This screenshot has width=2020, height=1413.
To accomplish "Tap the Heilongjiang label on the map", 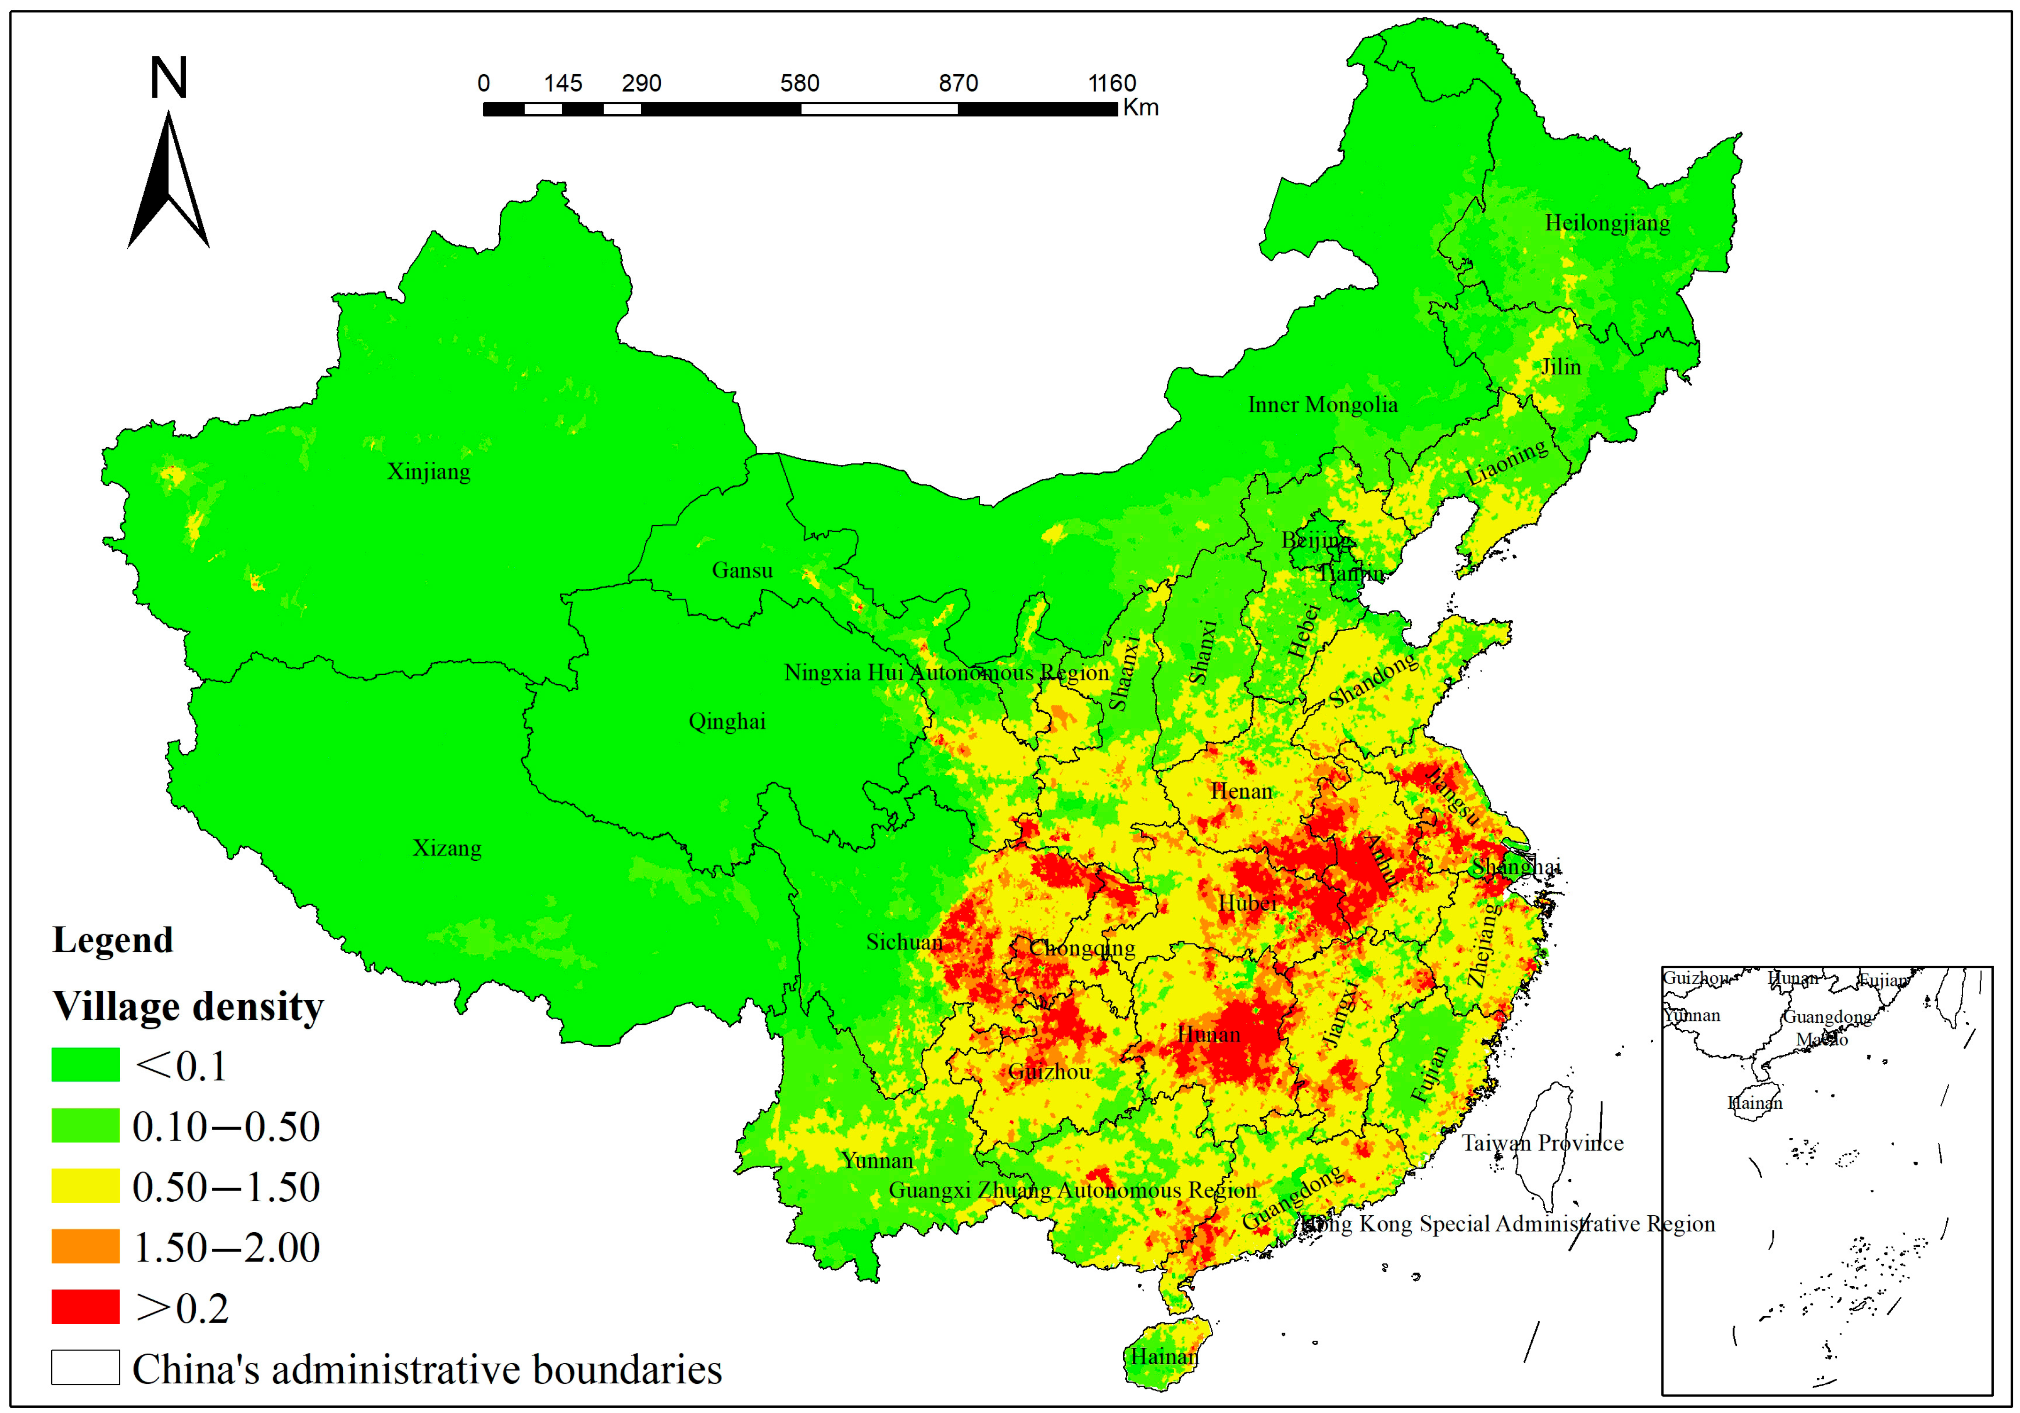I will tap(1607, 223).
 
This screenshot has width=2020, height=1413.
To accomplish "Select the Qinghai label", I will tap(727, 721).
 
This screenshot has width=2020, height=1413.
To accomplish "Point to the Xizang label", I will tap(447, 848).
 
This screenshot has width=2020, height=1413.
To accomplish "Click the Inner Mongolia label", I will tap(1323, 405).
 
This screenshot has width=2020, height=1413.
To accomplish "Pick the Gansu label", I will tap(742, 570).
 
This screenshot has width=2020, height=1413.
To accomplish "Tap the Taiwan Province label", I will tap(1542, 1143).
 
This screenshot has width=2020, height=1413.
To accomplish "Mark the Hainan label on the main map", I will tap(1164, 1357).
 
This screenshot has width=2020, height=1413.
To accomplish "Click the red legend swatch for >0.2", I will tap(85, 1306).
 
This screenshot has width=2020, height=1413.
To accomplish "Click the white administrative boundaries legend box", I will tap(85, 1367).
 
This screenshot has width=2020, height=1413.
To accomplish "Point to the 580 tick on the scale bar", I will tap(800, 84).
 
